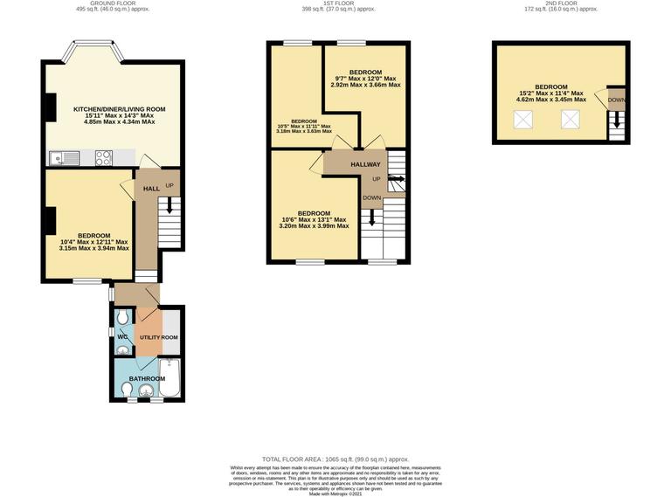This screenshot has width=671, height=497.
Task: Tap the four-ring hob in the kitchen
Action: pyautogui.click(x=103, y=158)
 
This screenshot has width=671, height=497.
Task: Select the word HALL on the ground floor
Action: pyautogui.click(x=151, y=189)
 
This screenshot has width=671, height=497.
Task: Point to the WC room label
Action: pyautogui.click(x=122, y=336)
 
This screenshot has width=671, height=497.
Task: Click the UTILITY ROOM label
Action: pyautogui.click(x=159, y=337)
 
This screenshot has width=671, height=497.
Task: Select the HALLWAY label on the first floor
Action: pyautogui.click(x=365, y=164)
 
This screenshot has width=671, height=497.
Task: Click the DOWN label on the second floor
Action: pyautogui.click(x=617, y=100)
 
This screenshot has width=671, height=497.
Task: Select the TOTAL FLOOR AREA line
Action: pyautogui.click(x=335, y=459)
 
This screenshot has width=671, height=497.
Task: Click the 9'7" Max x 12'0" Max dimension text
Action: pyautogui.click(x=365, y=79)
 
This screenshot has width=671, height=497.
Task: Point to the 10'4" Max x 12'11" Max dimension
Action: pyautogui.click(x=93, y=242)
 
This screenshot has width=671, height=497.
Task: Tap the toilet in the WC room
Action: pyautogui.click(x=123, y=316)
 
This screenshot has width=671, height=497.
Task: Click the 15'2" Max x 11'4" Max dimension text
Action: pyautogui.click(x=551, y=93)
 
